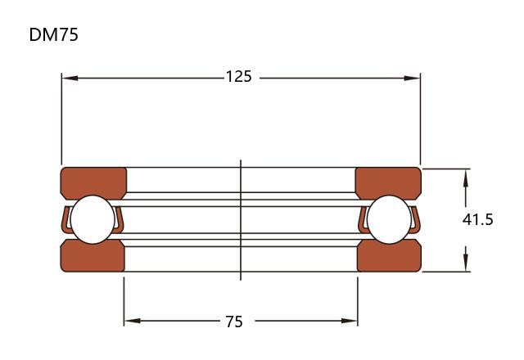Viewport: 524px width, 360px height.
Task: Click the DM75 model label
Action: pos(53,34)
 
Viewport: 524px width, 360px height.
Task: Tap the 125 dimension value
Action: pos(238,76)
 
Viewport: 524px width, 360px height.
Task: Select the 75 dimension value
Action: pos(234,322)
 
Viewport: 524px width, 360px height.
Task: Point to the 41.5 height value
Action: pos(477,220)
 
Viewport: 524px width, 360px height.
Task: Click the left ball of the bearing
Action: pos(93,219)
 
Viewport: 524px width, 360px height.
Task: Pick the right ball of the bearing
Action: pos(389,219)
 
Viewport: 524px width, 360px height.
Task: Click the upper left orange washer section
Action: pos(93,182)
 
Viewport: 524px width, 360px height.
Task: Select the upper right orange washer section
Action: pos(388,182)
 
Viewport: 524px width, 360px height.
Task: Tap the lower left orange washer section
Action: pos(93,255)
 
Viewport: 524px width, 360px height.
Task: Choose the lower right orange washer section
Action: pos(389,255)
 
